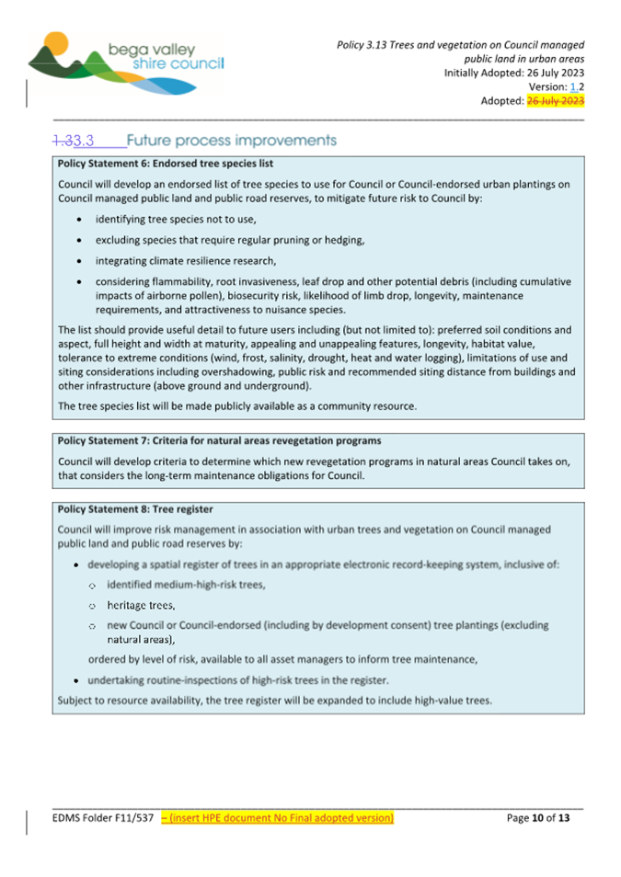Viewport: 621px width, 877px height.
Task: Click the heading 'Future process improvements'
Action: [231, 142]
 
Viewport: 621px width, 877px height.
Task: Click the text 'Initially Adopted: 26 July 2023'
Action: [514, 73]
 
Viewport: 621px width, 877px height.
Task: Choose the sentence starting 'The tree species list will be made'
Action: [236, 405]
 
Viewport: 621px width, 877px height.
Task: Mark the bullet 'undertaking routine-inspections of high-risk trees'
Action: [237, 680]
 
